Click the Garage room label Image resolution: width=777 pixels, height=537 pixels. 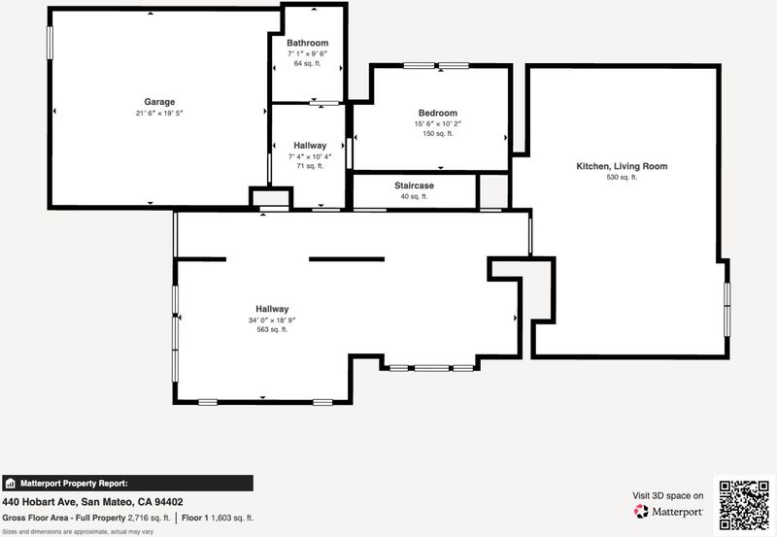(159, 102)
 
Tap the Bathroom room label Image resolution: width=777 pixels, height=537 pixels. (307, 43)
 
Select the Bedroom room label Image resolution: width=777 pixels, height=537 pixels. (438, 113)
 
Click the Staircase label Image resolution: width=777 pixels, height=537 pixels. (415, 185)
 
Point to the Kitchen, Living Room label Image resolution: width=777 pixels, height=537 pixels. (622, 166)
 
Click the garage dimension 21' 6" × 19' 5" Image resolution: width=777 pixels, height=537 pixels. (159, 113)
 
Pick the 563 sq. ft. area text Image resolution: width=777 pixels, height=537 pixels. (272, 329)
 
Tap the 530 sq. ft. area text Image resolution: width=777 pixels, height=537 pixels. (622, 178)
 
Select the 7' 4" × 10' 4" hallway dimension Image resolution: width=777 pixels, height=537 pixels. (310, 156)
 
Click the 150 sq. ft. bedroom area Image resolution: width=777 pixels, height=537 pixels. (438, 134)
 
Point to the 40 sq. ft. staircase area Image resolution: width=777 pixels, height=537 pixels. (414, 197)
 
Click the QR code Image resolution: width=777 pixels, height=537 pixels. (744, 505)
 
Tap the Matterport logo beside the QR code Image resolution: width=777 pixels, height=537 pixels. (668, 511)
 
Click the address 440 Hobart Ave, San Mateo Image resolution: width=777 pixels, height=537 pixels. (69, 502)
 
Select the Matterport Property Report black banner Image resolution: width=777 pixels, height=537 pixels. (128, 483)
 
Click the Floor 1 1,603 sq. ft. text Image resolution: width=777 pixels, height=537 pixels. (217, 519)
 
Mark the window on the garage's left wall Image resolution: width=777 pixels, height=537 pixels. (50, 43)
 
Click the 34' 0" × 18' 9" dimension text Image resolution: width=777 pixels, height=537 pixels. (272, 320)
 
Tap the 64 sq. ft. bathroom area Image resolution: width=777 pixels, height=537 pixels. (307, 63)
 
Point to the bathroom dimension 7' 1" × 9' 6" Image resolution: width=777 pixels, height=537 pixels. (307, 53)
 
